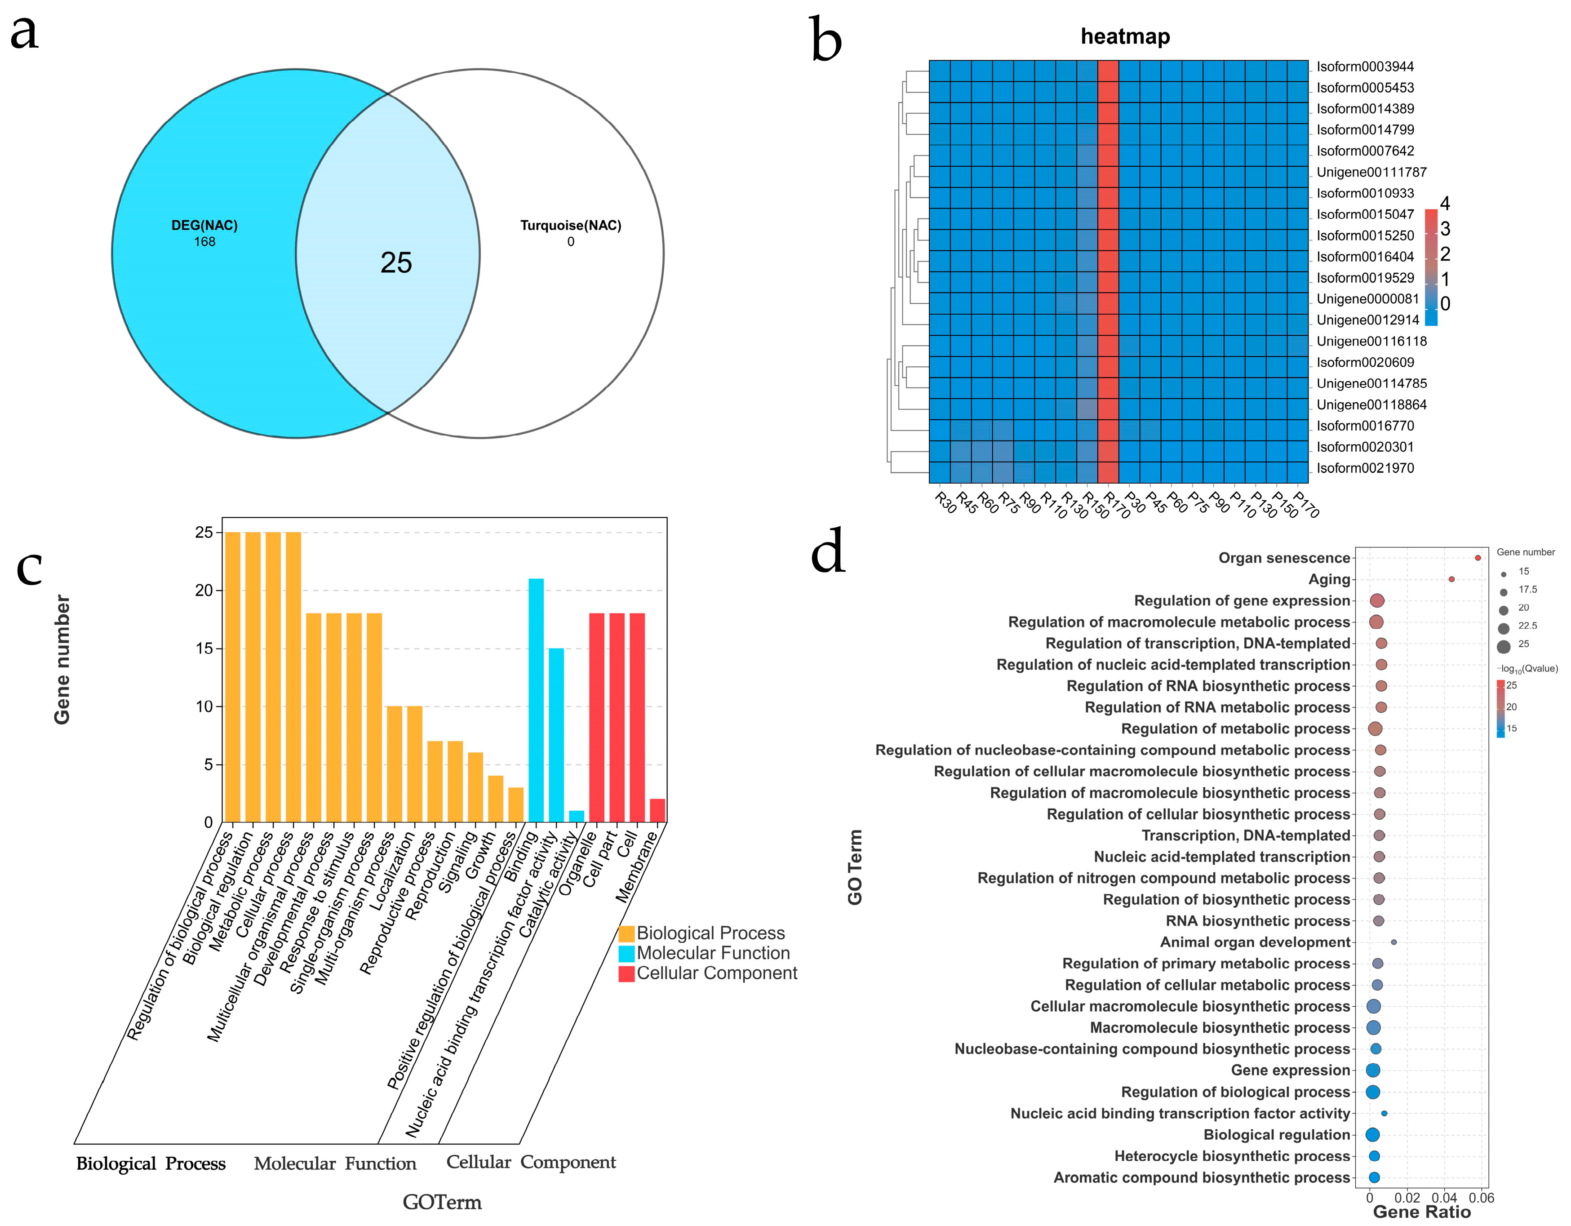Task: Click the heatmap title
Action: pyautogui.click(x=1125, y=37)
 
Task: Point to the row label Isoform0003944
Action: pyautogui.click(x=1365, y=67)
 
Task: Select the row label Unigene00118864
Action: pyautogui.click(x=1371, y=405)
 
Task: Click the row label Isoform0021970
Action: pyautogui.click(x=1365, y=468)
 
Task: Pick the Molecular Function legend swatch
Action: pyautogui.click(x=626, y=953)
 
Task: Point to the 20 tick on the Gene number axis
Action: pyautogui.click(x=204, y=591)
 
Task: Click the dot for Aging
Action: pyautogui.click(x=1451, y=579)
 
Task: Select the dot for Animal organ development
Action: pyautogui.click(x=1394, y=942)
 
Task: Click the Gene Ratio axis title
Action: pyautogui.click(x=1421, y=1212)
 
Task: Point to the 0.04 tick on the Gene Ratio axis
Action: pyautogui.click(x=1444, y=1198)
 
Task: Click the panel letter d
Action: pyautogui.click(x=827, y=551)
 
